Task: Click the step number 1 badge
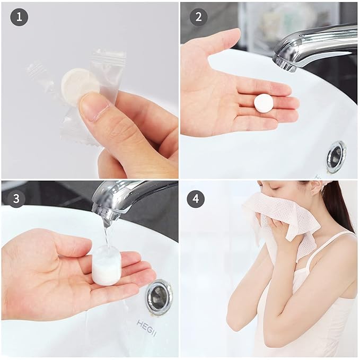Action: point(19,18)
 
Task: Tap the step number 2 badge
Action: point(198,18)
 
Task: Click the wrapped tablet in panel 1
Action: point(79,82)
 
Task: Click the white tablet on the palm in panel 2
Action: point(264,103)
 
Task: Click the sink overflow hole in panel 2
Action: point(336,156)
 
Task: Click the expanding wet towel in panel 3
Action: point(107,267)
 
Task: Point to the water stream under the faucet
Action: point(108,236)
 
